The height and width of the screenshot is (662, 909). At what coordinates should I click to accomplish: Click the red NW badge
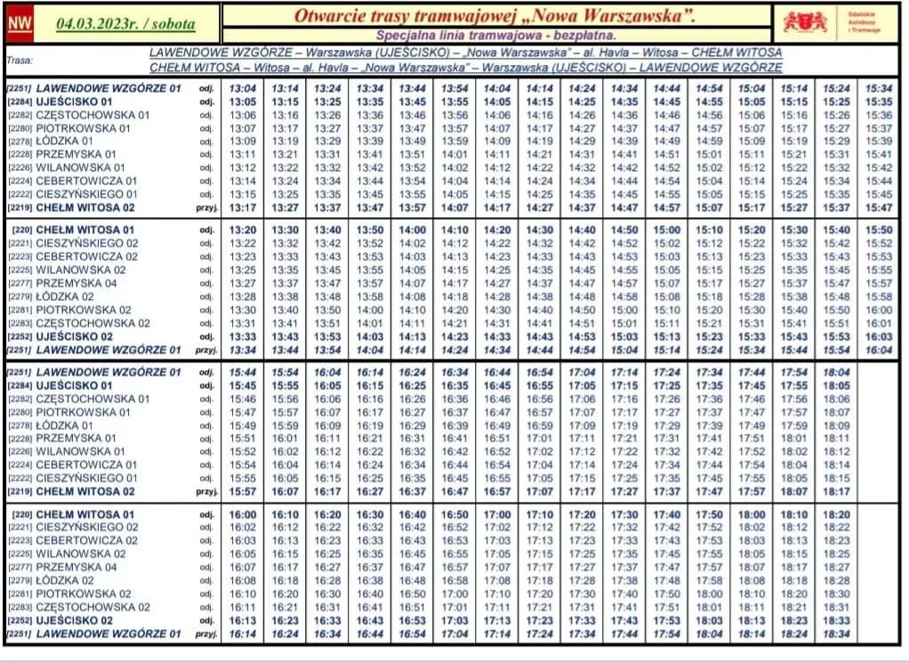(x=18, y=24)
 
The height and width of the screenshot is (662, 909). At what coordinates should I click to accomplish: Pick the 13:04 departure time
(x=242, y=88)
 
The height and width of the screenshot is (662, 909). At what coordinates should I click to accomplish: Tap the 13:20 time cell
(x=242, y=230)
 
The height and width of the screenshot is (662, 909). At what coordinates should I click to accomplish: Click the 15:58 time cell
(x=880, y=296)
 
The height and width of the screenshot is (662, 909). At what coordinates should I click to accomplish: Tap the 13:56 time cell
(x=454, y=115)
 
